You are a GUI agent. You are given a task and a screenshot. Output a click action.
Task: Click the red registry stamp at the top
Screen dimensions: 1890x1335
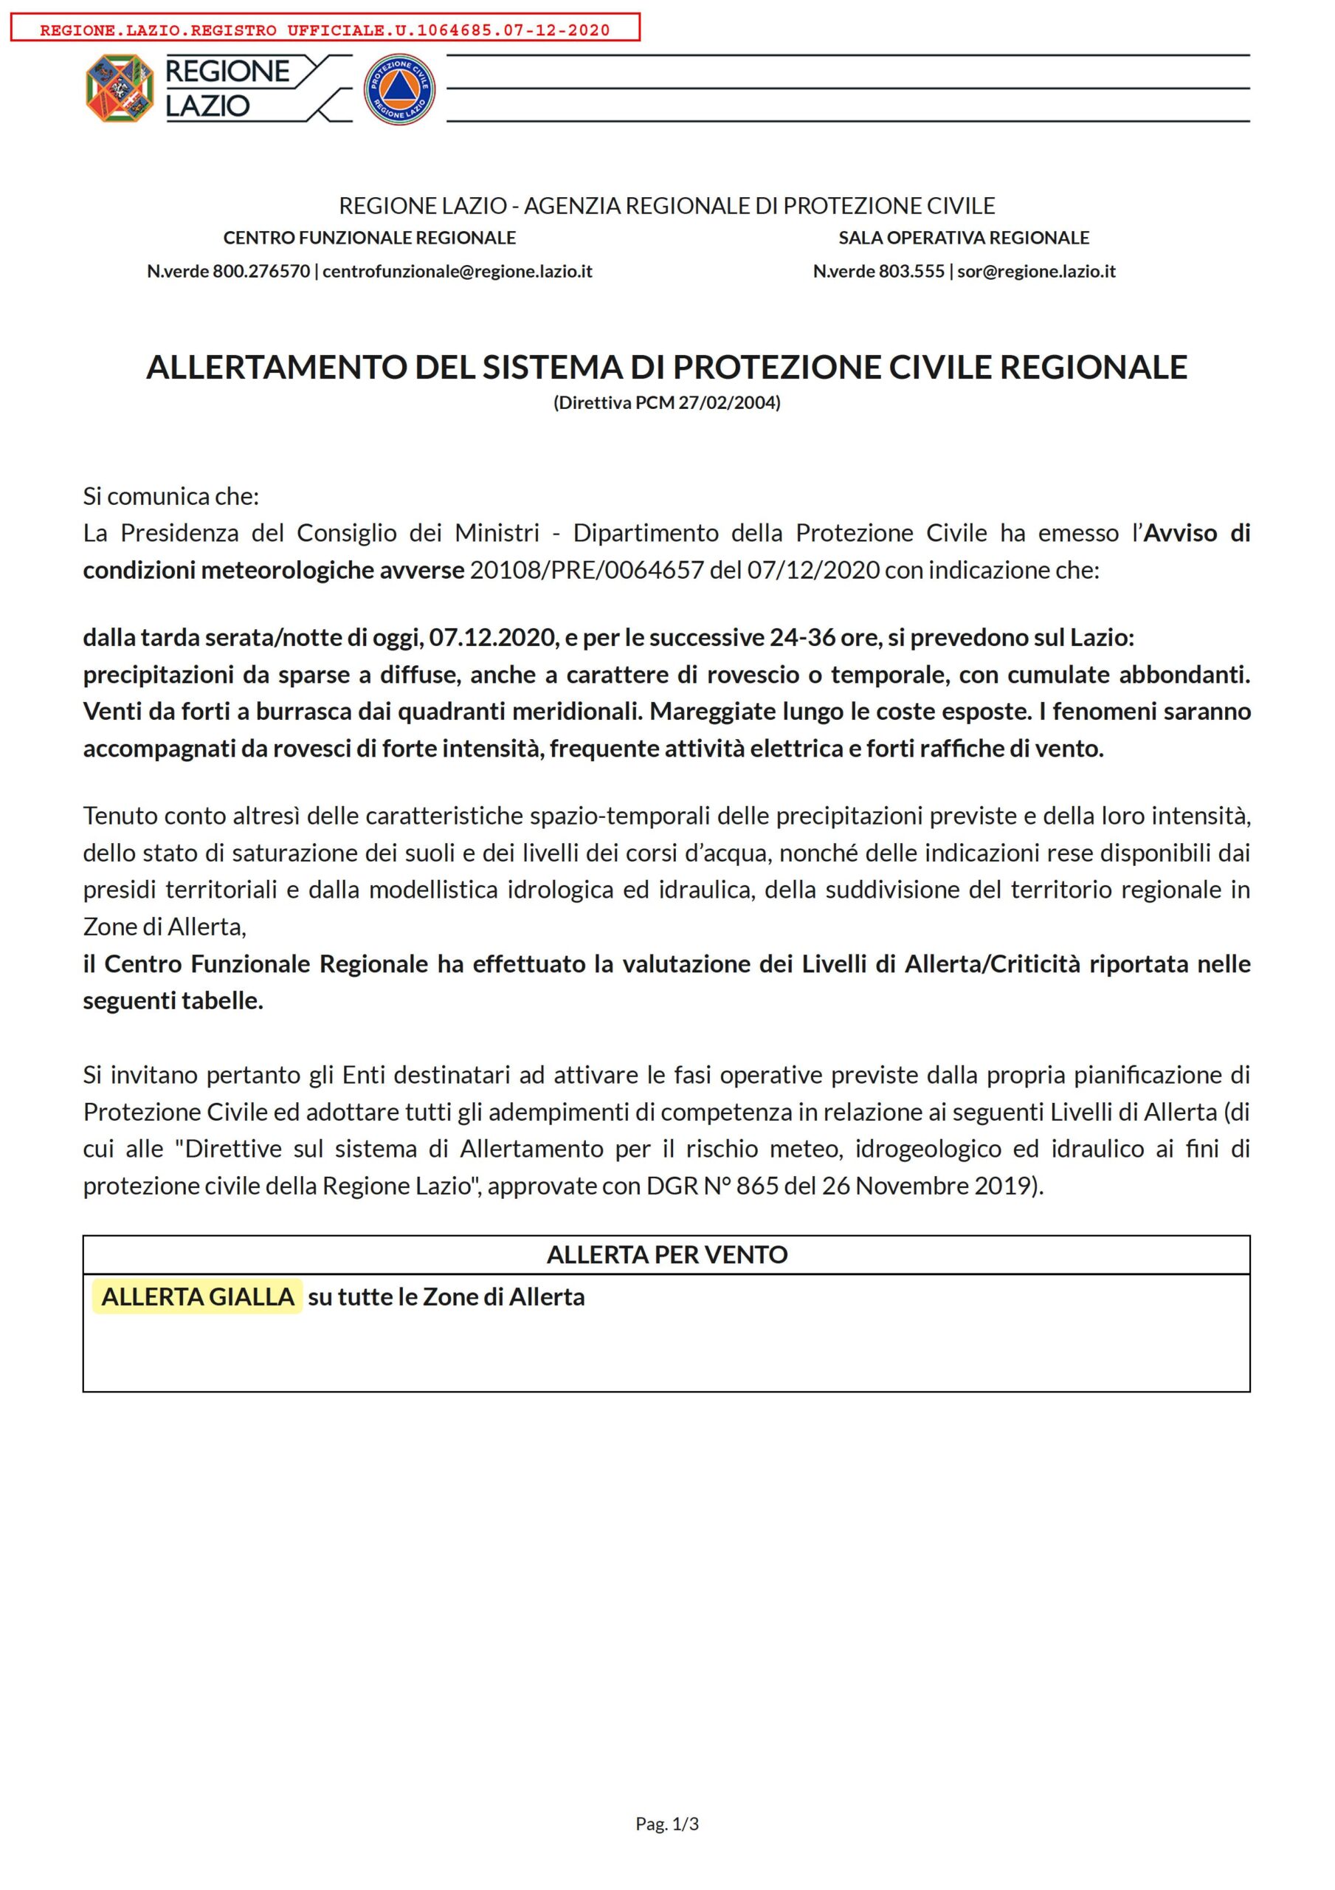click(x=325, y=30)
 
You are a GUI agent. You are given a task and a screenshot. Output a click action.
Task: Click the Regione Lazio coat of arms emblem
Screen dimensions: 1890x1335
click(x=120, y=88)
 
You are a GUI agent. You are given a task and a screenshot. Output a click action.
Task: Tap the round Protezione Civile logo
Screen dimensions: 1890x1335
click(x=399, y=90)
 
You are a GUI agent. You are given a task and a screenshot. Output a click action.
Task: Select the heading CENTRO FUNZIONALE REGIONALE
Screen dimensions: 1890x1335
click(x=370, y=238)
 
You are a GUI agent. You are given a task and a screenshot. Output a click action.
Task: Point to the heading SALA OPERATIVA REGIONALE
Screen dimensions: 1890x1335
click(x=963, y=238)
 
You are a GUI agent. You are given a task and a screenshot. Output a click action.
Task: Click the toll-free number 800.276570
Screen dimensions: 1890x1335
click(x=261, y=271)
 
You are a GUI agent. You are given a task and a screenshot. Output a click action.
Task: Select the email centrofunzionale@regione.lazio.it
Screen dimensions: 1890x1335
click(x=457, y=271)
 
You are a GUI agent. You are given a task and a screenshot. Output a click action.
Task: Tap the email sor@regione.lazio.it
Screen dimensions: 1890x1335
click(x=1036, y=271)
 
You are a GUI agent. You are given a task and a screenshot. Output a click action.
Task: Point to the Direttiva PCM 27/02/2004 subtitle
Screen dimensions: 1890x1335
click(x=666, y=402)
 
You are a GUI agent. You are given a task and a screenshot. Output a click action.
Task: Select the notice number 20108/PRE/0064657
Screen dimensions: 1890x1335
click(x=587, y=570)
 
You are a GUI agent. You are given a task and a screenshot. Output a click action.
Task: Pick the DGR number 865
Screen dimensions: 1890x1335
click(x=752, y=1186)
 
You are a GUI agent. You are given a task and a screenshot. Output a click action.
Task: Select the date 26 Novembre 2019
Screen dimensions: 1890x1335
click(x=926, y=1186)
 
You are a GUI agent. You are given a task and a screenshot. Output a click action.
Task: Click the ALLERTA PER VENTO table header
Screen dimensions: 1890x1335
click(x=666, y=1254)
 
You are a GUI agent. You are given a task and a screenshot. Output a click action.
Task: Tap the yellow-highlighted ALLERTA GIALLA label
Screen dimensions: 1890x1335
click(x=198, y=1296)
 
